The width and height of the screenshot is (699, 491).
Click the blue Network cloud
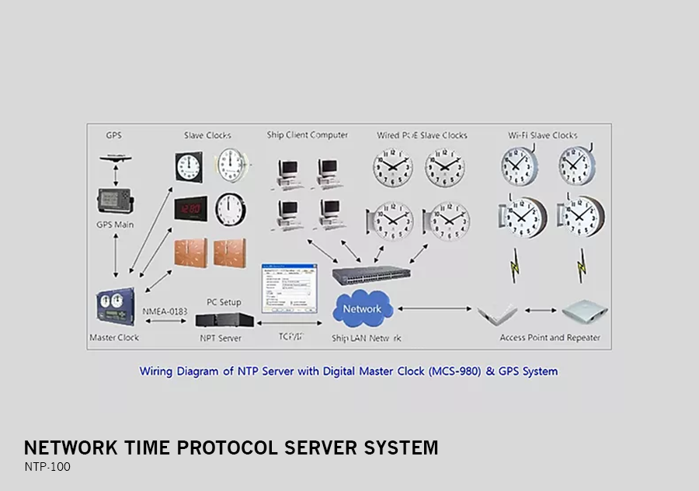pyautogui.click(x=361, y=310)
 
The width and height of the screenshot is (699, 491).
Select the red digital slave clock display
pyautogui.click(x=189, y=207)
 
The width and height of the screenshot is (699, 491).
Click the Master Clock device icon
pyautogui.click(x=114, y=305)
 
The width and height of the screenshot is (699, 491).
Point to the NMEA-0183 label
pyautogui.click(x=165, y=312)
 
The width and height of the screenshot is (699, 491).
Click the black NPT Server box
pyautogui.click(x=224, y=319)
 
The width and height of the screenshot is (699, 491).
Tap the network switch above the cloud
pyautogui.click(x=371, y=274)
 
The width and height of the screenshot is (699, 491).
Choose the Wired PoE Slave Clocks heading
pyautogui.click(x=422, y=135)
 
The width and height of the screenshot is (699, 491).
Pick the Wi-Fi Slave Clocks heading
pyautogui.click(x=543, y=135)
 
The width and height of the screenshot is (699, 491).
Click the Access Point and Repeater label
pyautogui.click(x=550, y=338)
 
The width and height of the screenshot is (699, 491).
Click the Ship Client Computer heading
pyautogui.click(x=307, y=135)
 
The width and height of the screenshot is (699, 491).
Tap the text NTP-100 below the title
pyautogui.click(x=47, y=468)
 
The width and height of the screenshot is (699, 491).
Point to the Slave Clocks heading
pyautogui.click(x=207, y=135)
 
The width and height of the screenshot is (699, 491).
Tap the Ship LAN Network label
pyautogui.click(x=367, y=338)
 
